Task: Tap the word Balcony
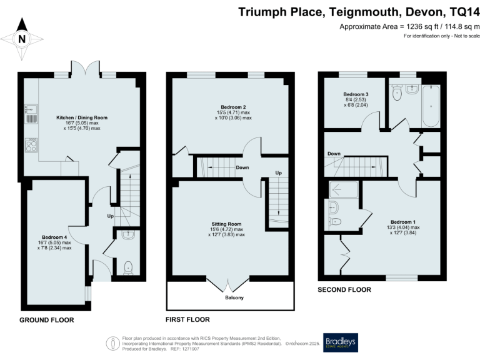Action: [231, 297]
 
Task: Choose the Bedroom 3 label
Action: [354, 94]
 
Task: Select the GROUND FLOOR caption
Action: [46, 320]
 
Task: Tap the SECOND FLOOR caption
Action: [344, 290]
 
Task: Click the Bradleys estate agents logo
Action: [339, 342]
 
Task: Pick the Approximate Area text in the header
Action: [409, 26]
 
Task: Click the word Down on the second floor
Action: [333, 154]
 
